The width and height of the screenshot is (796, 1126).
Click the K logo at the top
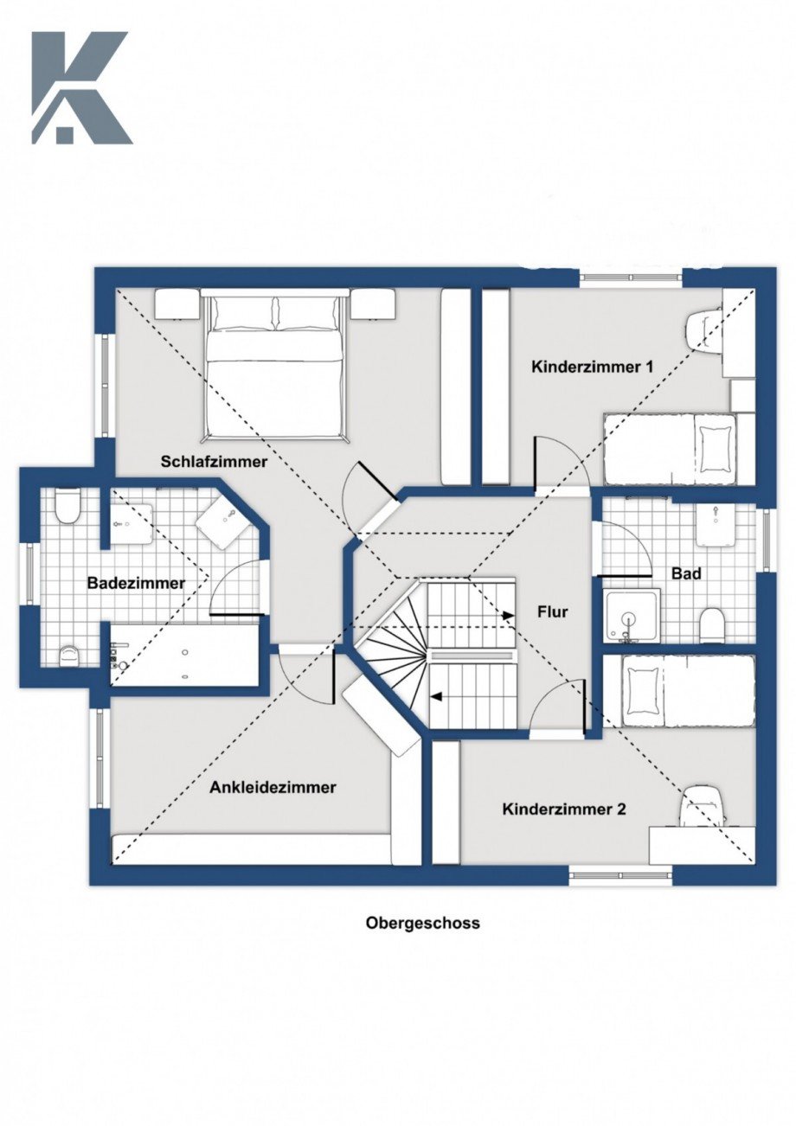coord(80,88)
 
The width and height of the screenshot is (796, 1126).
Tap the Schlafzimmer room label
coord(214,462)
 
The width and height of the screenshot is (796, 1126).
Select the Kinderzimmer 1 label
coord(591,367)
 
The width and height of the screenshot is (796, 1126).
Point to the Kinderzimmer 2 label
coord(563,809)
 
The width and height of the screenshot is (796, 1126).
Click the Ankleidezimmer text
coord(273,787)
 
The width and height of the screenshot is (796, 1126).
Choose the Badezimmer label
coord(136,583)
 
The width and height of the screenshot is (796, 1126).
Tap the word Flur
coord(553,611)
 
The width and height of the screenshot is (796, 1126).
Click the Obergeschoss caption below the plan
coord(422,923)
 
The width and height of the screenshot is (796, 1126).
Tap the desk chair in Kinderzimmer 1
coord(703,329)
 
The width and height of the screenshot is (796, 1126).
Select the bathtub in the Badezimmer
coord(183,655)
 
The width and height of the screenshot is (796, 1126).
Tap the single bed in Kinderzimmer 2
coord(678,690)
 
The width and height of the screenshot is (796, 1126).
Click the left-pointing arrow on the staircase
coord(439,695)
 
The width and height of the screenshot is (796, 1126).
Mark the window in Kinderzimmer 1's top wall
coord(630,278)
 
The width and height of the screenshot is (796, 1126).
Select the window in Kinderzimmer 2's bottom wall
coord(620,875)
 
